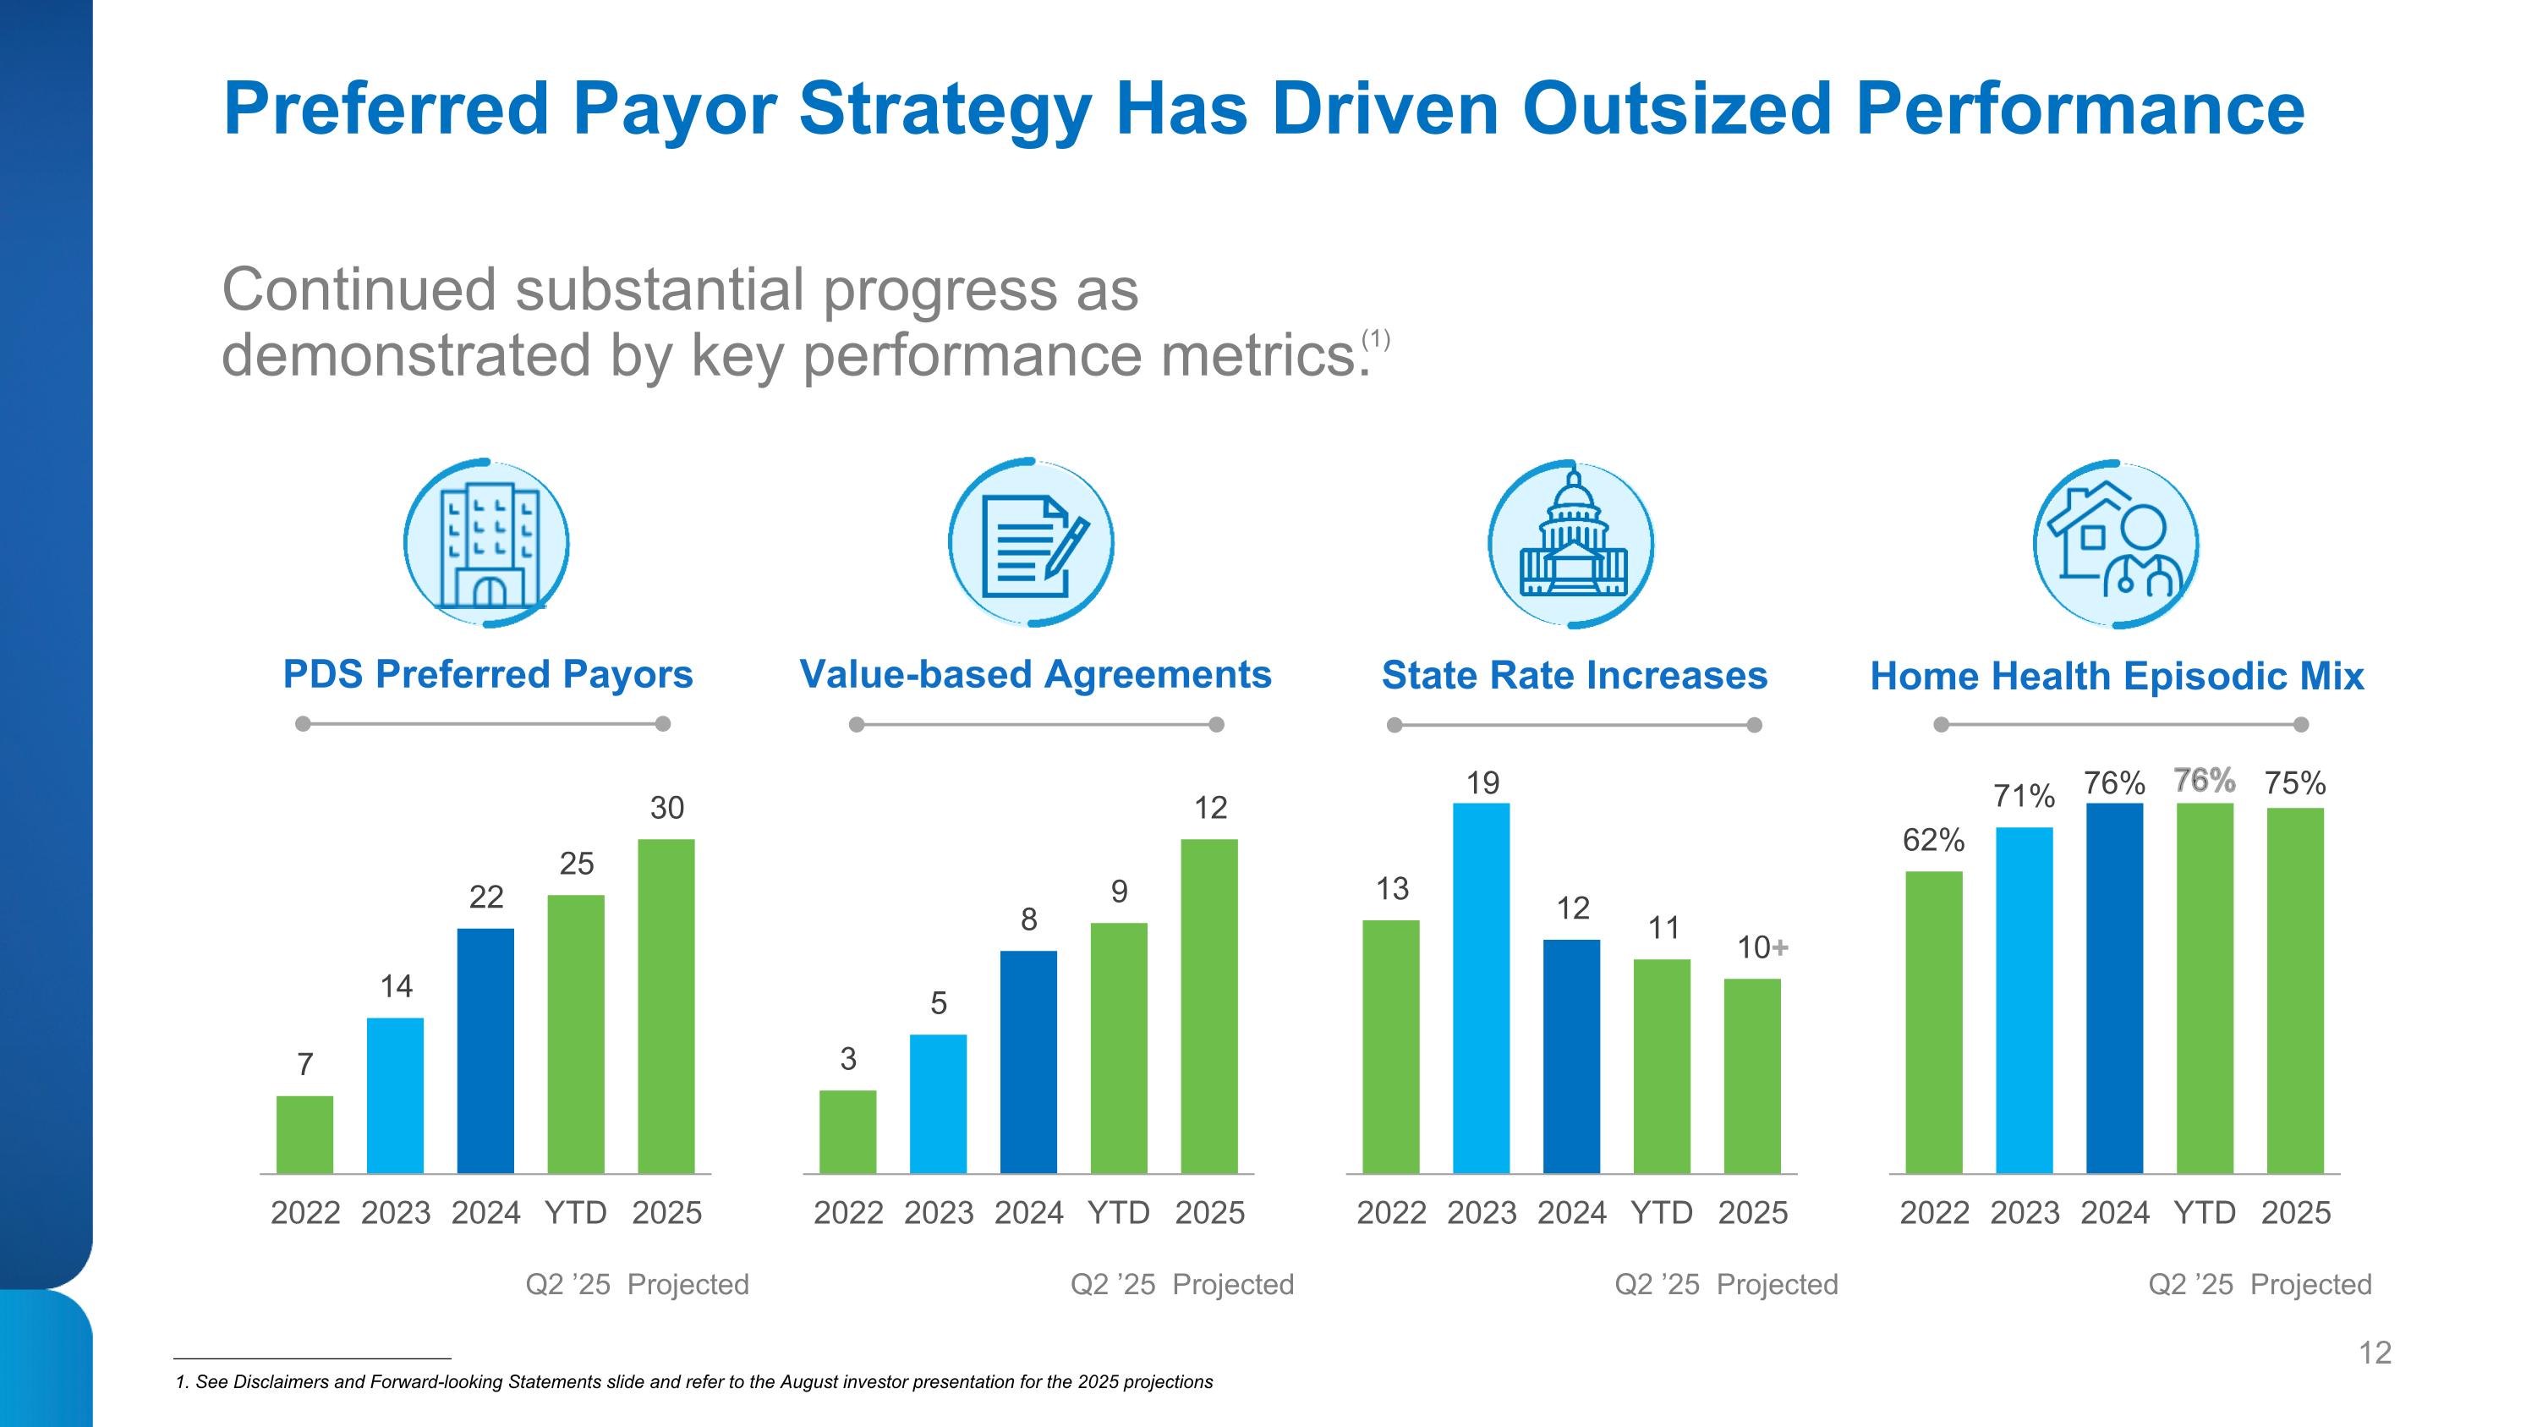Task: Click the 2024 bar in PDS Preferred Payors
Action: pos(485,1050)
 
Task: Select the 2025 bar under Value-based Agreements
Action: pos(1209,1006)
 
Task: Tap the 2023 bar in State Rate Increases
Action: pos(1482,988)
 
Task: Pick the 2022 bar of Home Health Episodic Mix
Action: pos(1933,1022)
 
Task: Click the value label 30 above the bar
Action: pos(666,809)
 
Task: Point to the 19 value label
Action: pos(1482,783)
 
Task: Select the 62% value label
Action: pos(1933,840)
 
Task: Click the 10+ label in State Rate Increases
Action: pos(1762,947)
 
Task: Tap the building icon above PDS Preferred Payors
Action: pos(486,544)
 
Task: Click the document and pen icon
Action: pos(1030,544)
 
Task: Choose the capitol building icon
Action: pos(1572,545)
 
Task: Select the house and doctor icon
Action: pos(2117,545)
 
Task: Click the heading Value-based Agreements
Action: pos(1035,675)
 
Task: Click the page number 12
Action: pos(2375,1353)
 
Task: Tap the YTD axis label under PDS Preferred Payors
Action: pos(576,1212)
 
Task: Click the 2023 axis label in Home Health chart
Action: pos(2024,1212)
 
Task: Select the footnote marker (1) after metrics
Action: pos(1376,340)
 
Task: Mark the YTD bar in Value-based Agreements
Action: pos(1119,1048)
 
